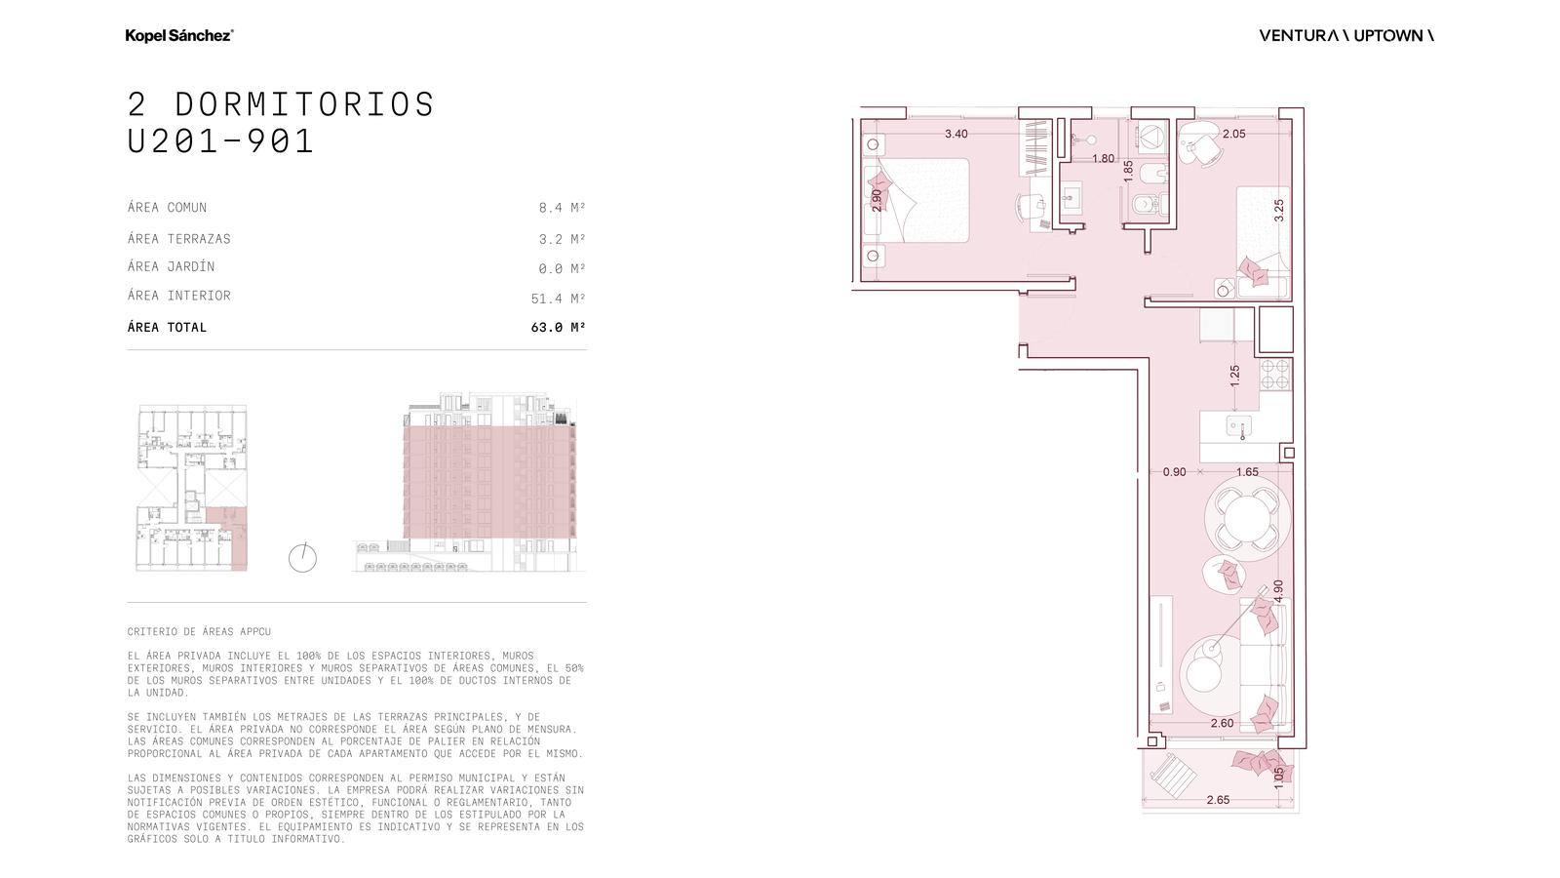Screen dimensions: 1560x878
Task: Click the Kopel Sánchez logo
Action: click(179, 35)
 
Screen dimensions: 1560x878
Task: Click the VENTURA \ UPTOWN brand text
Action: click(1346, 35)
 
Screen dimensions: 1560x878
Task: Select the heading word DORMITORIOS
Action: click(304, 104)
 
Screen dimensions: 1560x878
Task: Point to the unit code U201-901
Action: click(220, 140)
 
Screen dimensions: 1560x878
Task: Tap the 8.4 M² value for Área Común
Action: click(562, 208)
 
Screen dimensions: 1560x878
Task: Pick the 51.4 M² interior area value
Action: click(558, 299)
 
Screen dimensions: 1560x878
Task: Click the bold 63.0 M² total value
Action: click(558, 327)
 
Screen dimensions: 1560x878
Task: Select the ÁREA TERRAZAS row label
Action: click(179, 238)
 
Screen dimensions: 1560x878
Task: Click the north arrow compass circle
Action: click(302, 558)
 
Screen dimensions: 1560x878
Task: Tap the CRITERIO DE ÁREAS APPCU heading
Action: click(199, 631)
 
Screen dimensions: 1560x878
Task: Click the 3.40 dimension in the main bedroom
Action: click(956, 134)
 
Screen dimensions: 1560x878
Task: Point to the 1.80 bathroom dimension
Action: click(1103, 159)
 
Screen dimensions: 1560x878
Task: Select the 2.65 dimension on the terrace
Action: click(1218, 800)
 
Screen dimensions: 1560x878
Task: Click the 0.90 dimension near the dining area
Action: click(1174, 472)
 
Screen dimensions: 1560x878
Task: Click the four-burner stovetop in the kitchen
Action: click(1276, 375)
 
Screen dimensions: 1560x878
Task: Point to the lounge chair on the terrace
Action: click(1174, 775)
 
